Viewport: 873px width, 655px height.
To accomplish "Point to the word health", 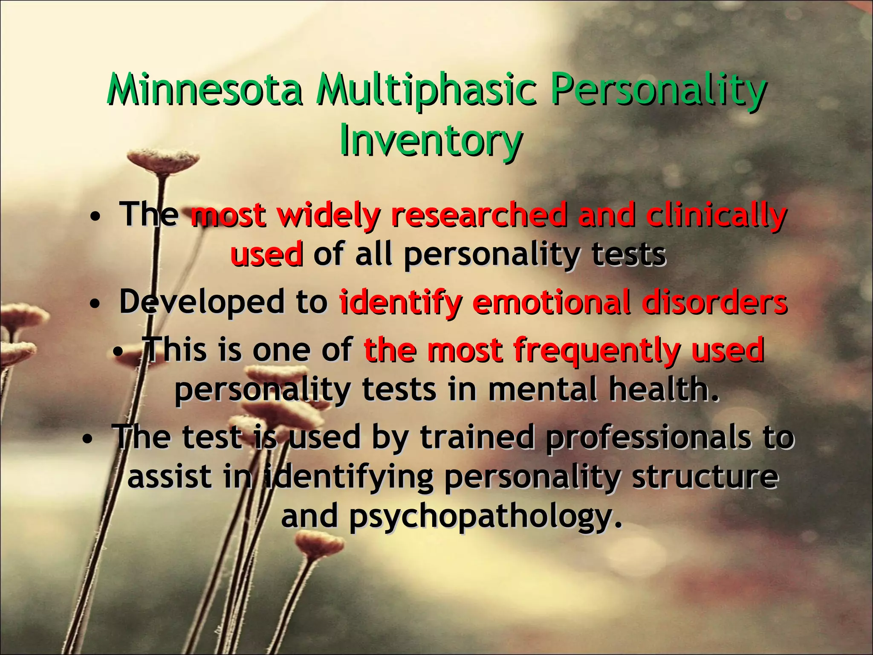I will pos(663,389).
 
